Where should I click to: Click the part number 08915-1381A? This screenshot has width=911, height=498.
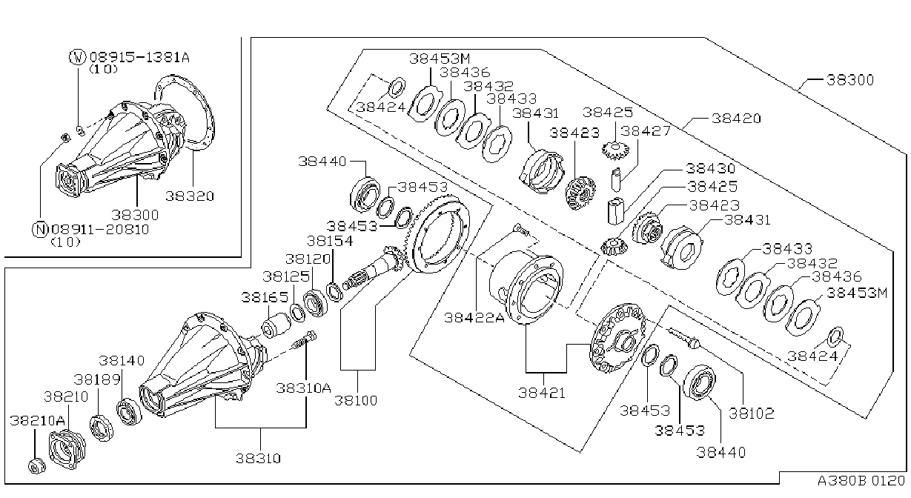[x=139, y=57]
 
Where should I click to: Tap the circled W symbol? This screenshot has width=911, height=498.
[x=78, y=57]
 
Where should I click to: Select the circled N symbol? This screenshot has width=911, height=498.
[x=40, y=230]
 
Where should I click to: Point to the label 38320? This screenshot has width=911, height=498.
[x=190, y=196]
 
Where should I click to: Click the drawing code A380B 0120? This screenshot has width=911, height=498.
[x=861, y=481]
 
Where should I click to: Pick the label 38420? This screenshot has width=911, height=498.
[x=736, y=119]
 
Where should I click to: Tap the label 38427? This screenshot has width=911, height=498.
[x=646, y=131]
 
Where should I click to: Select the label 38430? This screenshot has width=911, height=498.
[x=711, y=168]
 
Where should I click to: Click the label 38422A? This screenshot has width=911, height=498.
[x=474, y=317]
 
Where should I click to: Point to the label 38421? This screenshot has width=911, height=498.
[x=542, y=393]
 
